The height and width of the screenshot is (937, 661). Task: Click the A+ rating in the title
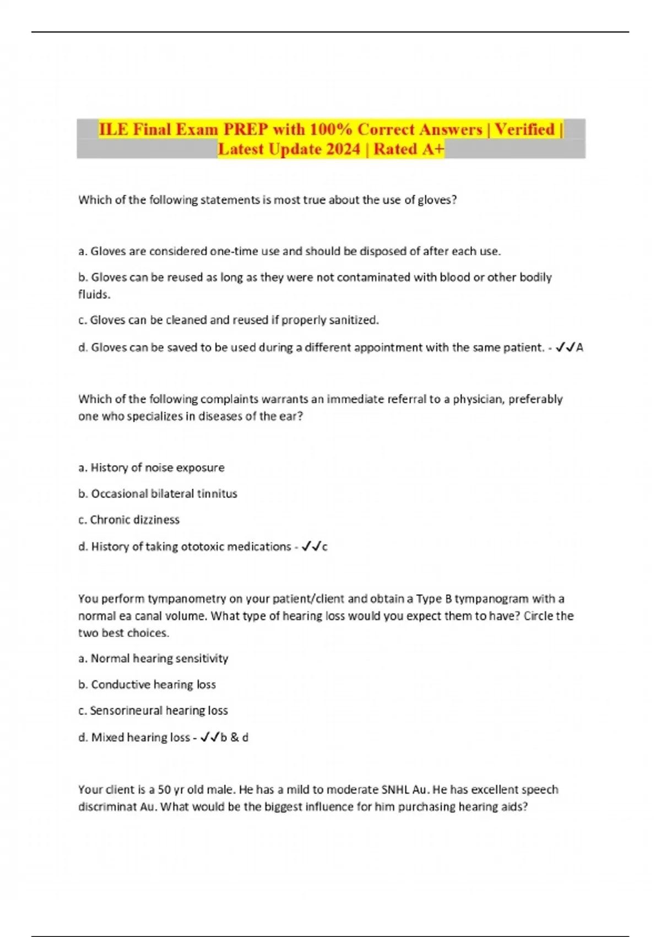(x=432, y=149)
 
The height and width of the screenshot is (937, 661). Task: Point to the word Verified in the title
(x=524, y=130)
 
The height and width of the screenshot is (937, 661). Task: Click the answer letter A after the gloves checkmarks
(x=579, y=348)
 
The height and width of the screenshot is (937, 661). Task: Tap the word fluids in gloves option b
(x=94, y=294)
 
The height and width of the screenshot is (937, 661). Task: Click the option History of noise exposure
(x=151, y=468)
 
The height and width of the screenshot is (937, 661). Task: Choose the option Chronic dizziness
(x=129, y=520)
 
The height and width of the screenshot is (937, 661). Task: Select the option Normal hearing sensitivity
(x=154, y=659)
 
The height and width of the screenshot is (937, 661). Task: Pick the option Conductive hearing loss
(x=147, y=685)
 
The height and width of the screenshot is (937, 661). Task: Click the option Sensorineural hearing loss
(x=153, y=711)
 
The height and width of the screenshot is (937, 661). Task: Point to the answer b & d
(x=234, y=737)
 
